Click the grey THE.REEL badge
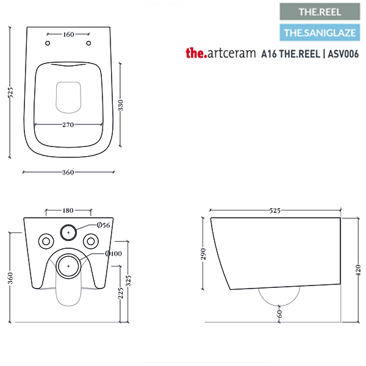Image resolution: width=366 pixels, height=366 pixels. tap(320, 12)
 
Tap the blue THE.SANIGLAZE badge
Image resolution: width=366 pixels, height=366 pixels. tap(320, 32)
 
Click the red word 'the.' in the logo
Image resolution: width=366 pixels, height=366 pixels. tap(196, 53)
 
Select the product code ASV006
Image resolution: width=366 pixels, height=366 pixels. tap(343, 54)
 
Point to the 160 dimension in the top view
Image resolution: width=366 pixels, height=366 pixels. tap(68, 34)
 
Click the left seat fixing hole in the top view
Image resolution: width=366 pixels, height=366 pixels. tap(48, 43)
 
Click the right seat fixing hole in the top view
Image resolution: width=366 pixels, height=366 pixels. tap(88, 43)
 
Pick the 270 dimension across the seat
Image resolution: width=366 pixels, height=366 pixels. tap(68, 124)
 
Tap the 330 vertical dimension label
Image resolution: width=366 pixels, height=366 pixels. tap(120, 105)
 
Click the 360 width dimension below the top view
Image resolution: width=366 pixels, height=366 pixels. tap(68, 172)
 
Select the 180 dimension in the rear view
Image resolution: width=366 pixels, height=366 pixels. tap(68, 210)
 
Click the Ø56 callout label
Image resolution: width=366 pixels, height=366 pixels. tap(104, 225)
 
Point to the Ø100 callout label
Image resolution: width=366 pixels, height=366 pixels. tap(113, 253)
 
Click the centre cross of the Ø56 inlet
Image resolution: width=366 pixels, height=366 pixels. tap(68, 232)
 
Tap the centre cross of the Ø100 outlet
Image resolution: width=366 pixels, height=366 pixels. tap(68, 266)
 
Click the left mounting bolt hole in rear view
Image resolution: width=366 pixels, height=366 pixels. tap(46, 241)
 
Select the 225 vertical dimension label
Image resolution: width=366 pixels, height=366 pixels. tap(120, 293)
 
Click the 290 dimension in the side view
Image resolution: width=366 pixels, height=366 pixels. tap(203, 254)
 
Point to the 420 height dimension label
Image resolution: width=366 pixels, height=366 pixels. tap(359, 270)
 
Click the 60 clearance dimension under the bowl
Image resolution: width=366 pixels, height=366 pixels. tap(279, 314)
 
